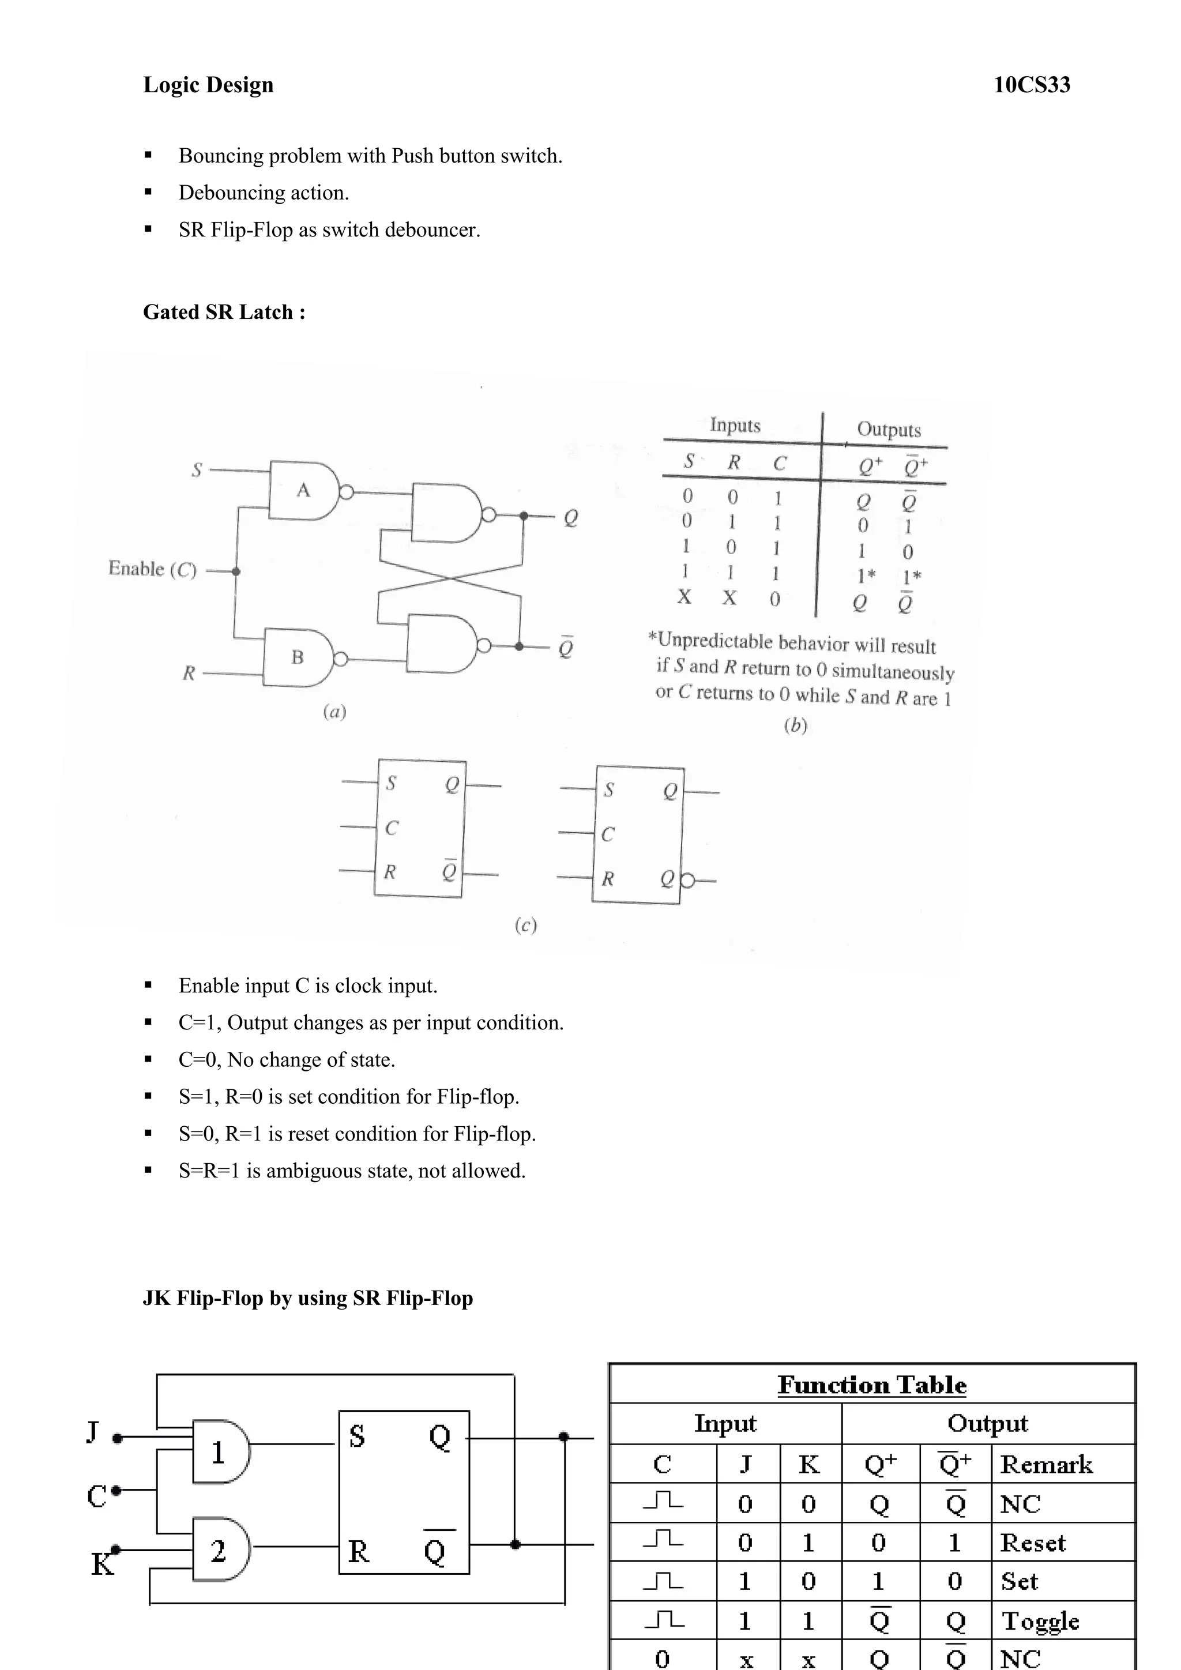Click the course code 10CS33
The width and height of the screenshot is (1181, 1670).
click(1031, 85)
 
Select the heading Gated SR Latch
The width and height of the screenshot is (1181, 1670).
click(223, 312)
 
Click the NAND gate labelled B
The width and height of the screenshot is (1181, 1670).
click(298, 657)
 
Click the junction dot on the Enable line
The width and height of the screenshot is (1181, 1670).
click(236, 571)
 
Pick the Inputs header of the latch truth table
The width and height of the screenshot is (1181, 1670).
click(735, 425)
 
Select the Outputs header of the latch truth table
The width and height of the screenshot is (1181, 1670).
click(888, 429)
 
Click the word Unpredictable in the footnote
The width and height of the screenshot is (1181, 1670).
click(716, 641)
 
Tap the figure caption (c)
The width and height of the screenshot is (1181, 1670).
click(525, 925)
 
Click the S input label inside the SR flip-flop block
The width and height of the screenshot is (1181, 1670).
click(356, 1436)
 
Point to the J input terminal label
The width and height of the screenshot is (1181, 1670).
click(92, 1431)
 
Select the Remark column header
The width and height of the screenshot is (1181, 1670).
click(1045, 1464)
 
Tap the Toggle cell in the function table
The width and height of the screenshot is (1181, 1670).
click(1040, 1620)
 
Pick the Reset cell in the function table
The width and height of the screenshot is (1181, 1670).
click(1033, 1543)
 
